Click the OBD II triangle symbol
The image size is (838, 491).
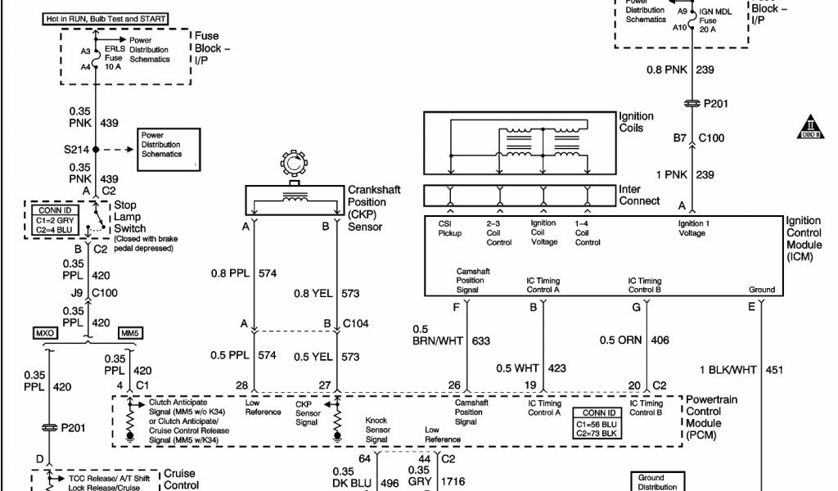(x=811, y=127)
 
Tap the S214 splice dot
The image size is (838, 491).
(x=96, y=150)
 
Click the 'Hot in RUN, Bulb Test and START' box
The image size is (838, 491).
(x=117, y=19)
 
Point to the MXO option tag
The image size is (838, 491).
(x=45, y=333)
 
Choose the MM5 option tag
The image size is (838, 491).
(x=130, y=333)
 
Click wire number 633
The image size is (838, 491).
(x=481, y=340)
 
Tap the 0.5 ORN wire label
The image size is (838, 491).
(x=622, y=340)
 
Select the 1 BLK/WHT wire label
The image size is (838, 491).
(x=728, y=370)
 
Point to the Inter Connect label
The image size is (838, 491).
(x=639, y=195)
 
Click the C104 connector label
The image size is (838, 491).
(x=356, y=324)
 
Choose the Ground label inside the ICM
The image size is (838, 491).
(x=761, y=290)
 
